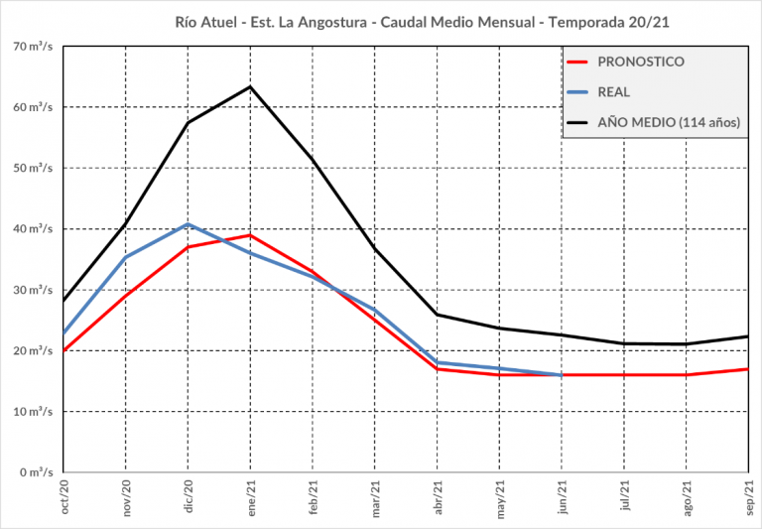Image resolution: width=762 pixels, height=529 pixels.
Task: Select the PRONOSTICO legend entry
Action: pyautogui.click(x=640, y=62)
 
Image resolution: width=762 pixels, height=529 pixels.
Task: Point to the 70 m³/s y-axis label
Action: pyautogui.click(x=34, y=46)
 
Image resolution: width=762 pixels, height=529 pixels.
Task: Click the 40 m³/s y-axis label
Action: pyautogui.click(x=34, y=229)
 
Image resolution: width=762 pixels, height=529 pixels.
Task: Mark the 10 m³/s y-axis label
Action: pyautogui.click(x=34, y=411)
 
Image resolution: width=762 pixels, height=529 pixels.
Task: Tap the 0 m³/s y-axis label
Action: pyautogui.click(x=37, y=472)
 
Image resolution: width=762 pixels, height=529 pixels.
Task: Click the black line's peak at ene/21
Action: pyautogui.click(x=250, y=86)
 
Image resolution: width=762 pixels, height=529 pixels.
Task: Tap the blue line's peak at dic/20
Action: pyautogui.click(x=189, y=224)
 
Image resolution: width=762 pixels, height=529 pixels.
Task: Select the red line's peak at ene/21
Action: pyautogui.click(x=250, y=235)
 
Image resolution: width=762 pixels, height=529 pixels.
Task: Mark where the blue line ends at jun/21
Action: pyautogui.click(x=562, y=375)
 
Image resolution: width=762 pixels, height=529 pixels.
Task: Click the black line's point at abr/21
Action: pyautogui.click(x=437, y=315)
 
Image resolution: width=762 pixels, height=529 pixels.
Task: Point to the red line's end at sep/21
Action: pyautogui.click(x=747, y=369)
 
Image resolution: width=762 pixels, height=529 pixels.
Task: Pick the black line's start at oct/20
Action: pyautogui.click(x=64, y=301)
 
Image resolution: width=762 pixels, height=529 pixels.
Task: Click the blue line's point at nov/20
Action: pyautogui.click(x=126, y=257)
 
